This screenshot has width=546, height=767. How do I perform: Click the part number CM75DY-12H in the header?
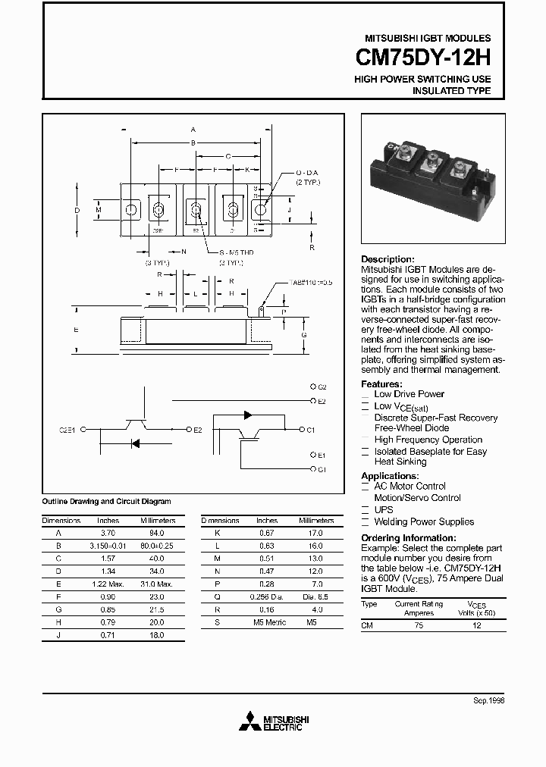tap(423, 58)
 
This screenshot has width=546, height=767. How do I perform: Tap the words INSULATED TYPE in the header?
tap(451, 91)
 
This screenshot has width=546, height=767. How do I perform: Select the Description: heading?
tap(388, 259)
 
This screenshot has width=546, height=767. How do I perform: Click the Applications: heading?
tap(389, 476)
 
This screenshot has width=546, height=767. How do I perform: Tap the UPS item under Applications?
tap(384, 510)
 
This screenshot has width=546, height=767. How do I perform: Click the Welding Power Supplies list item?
tap(424, 521)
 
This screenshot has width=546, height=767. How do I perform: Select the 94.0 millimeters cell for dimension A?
tap(158, 534)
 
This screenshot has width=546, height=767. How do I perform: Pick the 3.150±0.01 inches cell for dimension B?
tap(108, 545)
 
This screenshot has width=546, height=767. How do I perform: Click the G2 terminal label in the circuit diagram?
tap(322, 387)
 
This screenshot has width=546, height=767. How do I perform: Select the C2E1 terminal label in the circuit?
tap(68, 430)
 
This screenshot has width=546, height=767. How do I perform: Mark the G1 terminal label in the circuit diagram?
tap(322, 469)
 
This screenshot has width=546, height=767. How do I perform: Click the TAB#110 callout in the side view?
tap(310, 282)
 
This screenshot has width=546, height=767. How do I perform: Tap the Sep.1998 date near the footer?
tap(489, 703)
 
